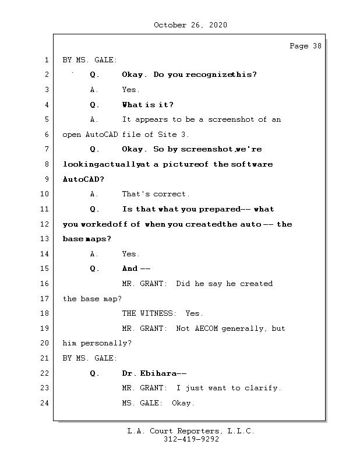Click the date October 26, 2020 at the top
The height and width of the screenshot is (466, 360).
click(x=190, y=25)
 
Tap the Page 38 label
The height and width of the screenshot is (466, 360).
click(x=305, y=46)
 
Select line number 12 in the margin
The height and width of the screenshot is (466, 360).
click(x=46, y=224)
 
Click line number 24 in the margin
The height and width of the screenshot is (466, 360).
click(x=46, y=403)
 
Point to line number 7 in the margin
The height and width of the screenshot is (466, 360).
click(x=46, y=150)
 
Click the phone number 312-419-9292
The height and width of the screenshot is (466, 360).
click(x=191, y=440)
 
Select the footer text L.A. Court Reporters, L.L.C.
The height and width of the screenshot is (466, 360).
click(x=191, y=431)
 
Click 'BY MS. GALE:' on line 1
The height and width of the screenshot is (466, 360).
click(x=90, y=60)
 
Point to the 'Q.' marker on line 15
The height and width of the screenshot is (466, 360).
click(x=95, y=269)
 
